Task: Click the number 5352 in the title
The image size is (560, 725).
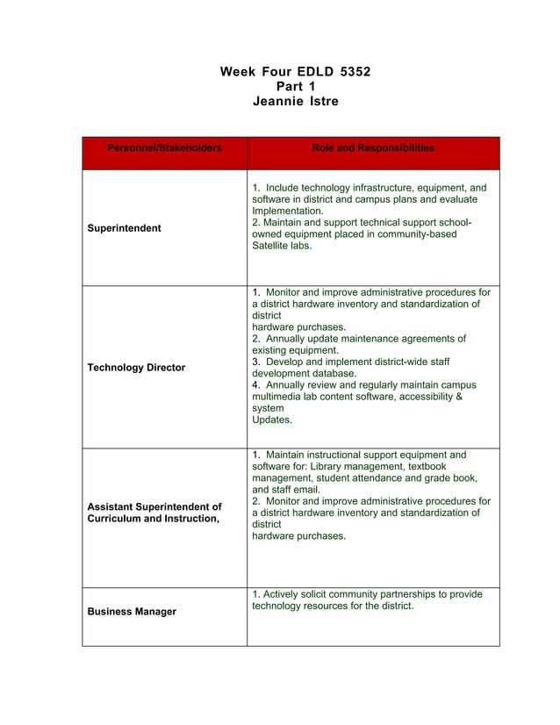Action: [x=351, y=70]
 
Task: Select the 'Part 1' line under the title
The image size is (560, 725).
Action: [x=295, y=86]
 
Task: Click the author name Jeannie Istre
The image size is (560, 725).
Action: [x=295, y=102]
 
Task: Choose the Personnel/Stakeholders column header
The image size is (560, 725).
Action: [x=164, y=148]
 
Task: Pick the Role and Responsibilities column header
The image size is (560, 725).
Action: [x=373, y=148]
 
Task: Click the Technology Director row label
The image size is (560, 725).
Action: [x=136, y=368]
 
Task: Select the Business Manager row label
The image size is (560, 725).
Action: [x=131, y=612]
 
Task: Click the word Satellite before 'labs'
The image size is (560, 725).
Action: [x=273, y=247]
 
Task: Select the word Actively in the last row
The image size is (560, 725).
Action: [x=283, y=594]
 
